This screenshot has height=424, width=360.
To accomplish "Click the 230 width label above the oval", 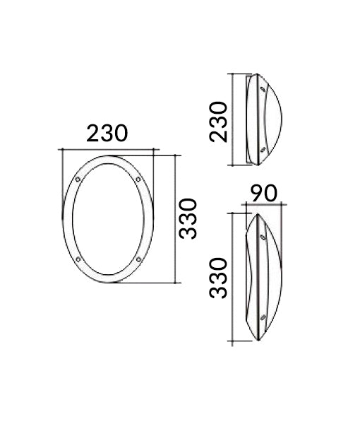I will click(x=107, y=133).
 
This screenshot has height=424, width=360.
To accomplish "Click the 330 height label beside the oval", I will click(x=188, y=218).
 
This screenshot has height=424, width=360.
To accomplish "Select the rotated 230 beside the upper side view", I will click(x=220, y=121).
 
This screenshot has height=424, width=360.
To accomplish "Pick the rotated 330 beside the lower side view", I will click(x=220, y=278).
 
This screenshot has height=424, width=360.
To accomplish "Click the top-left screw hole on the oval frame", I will click(x=77, y=181).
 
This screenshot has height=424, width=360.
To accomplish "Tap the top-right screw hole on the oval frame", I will click(x=138, y=181).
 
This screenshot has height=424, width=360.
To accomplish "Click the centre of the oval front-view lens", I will click(x=107, y=220).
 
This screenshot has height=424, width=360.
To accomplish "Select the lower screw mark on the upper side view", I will click(x=263, y=149).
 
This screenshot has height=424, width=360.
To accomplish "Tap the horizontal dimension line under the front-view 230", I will click(x=108, y=149).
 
